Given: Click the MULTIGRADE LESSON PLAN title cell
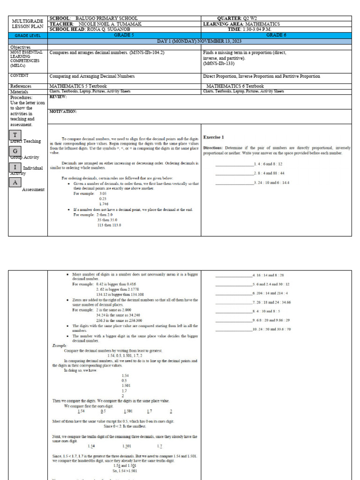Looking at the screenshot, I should coord(28,24).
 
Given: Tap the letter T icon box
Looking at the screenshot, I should coord(15,135).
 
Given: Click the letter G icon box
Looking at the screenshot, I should coord(15,151).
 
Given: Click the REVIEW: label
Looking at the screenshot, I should coord(58,97).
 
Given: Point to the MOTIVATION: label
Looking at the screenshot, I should coord(63,112).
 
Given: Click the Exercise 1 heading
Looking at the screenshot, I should coord(213,137).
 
